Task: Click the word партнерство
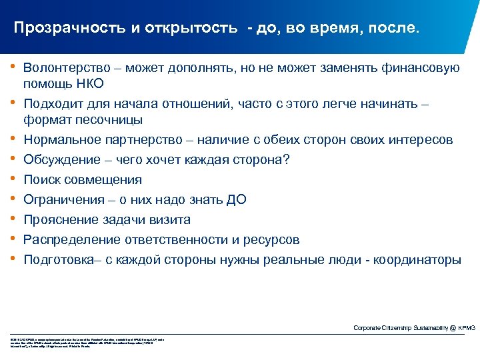[141, 140]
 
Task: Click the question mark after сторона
[286, 160]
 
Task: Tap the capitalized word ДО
[237, 200]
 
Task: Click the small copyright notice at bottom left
[87, 325]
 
